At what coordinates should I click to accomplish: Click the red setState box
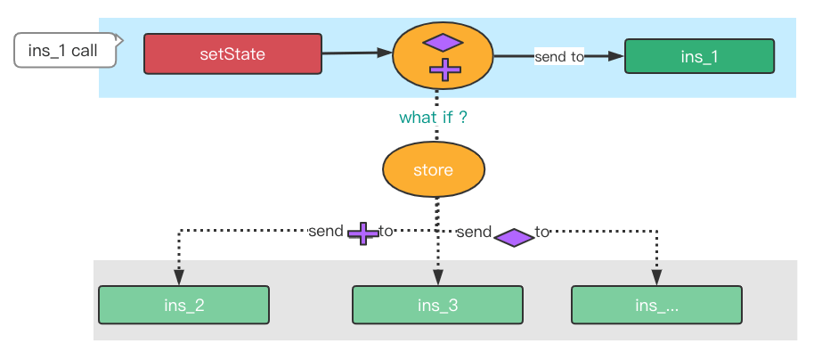tap(232, 53)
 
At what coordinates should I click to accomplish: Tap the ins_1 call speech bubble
tap(65, 51)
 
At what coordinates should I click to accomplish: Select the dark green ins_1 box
tap(699, 56)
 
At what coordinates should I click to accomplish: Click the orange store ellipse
tap(434, 169)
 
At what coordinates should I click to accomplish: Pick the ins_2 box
tap(184, 305)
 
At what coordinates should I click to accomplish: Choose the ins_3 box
tap(438, 305)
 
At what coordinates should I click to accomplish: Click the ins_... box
tap(657, 305)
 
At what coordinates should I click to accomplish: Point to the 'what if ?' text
tap(433, 117)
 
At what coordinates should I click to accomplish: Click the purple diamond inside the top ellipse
tap(443, 43)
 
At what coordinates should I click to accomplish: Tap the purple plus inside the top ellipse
tap(445, 70)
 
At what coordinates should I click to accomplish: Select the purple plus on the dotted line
tap(362, 233)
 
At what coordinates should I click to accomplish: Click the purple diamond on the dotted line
tap(514, 237)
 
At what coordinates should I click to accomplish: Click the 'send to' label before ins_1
tap(558, 57)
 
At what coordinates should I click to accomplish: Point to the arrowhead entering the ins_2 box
tap(179, 278)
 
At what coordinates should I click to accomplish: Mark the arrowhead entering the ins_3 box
tap(438, 278)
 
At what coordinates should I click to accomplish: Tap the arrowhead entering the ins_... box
tap(656, 278)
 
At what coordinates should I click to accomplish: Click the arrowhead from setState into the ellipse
tap(385, 53)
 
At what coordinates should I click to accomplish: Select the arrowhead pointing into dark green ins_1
tap(616, 56)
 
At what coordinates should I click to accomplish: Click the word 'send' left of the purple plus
tap(326, 232)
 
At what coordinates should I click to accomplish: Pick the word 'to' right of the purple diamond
tap(542, 232)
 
